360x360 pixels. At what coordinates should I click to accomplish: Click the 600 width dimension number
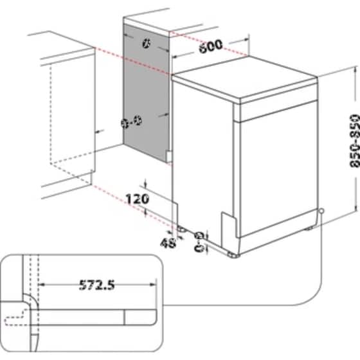pyautogui.click(x=210, y=46)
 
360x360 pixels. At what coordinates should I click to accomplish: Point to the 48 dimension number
pyautogui.click(x=168, y=242)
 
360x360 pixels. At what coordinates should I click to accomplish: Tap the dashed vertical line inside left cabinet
pyautogui.click(x=51, y=116)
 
